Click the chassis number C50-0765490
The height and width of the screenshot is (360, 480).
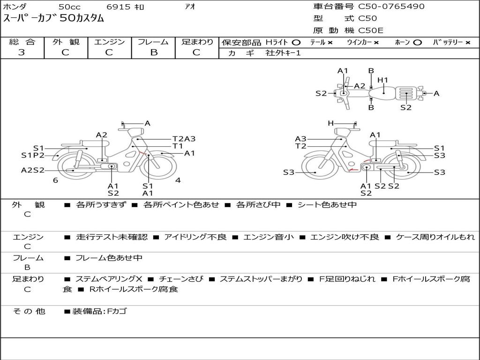point(391,7)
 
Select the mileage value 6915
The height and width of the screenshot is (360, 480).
point(119,7)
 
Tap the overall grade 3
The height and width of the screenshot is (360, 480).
point(22,52)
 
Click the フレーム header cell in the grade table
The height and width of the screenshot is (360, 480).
point(153,42)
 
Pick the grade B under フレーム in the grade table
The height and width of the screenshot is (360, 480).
point(154,52)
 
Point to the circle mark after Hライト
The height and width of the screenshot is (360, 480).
point(296,43)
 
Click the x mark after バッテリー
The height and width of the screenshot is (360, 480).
point(468,43)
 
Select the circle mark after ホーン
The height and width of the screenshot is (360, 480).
point(417,43)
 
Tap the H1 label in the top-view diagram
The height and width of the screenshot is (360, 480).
point(382,80)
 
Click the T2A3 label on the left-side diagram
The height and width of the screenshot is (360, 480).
point(184,139)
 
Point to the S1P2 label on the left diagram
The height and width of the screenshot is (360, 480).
point(33,156)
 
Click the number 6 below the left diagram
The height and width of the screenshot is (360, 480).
point(55,180)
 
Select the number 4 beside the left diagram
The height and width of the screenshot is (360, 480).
point(178,180)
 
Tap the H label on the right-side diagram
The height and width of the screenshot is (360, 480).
point(330,123)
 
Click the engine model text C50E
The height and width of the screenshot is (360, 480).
point(371,30)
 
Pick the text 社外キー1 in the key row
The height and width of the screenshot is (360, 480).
point(283,53)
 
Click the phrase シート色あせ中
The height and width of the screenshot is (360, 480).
point(327,204)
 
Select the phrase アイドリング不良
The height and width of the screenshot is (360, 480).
point(195,237)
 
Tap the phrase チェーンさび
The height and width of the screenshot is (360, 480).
point(181,279)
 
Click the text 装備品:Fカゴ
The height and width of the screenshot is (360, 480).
point(99,312)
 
